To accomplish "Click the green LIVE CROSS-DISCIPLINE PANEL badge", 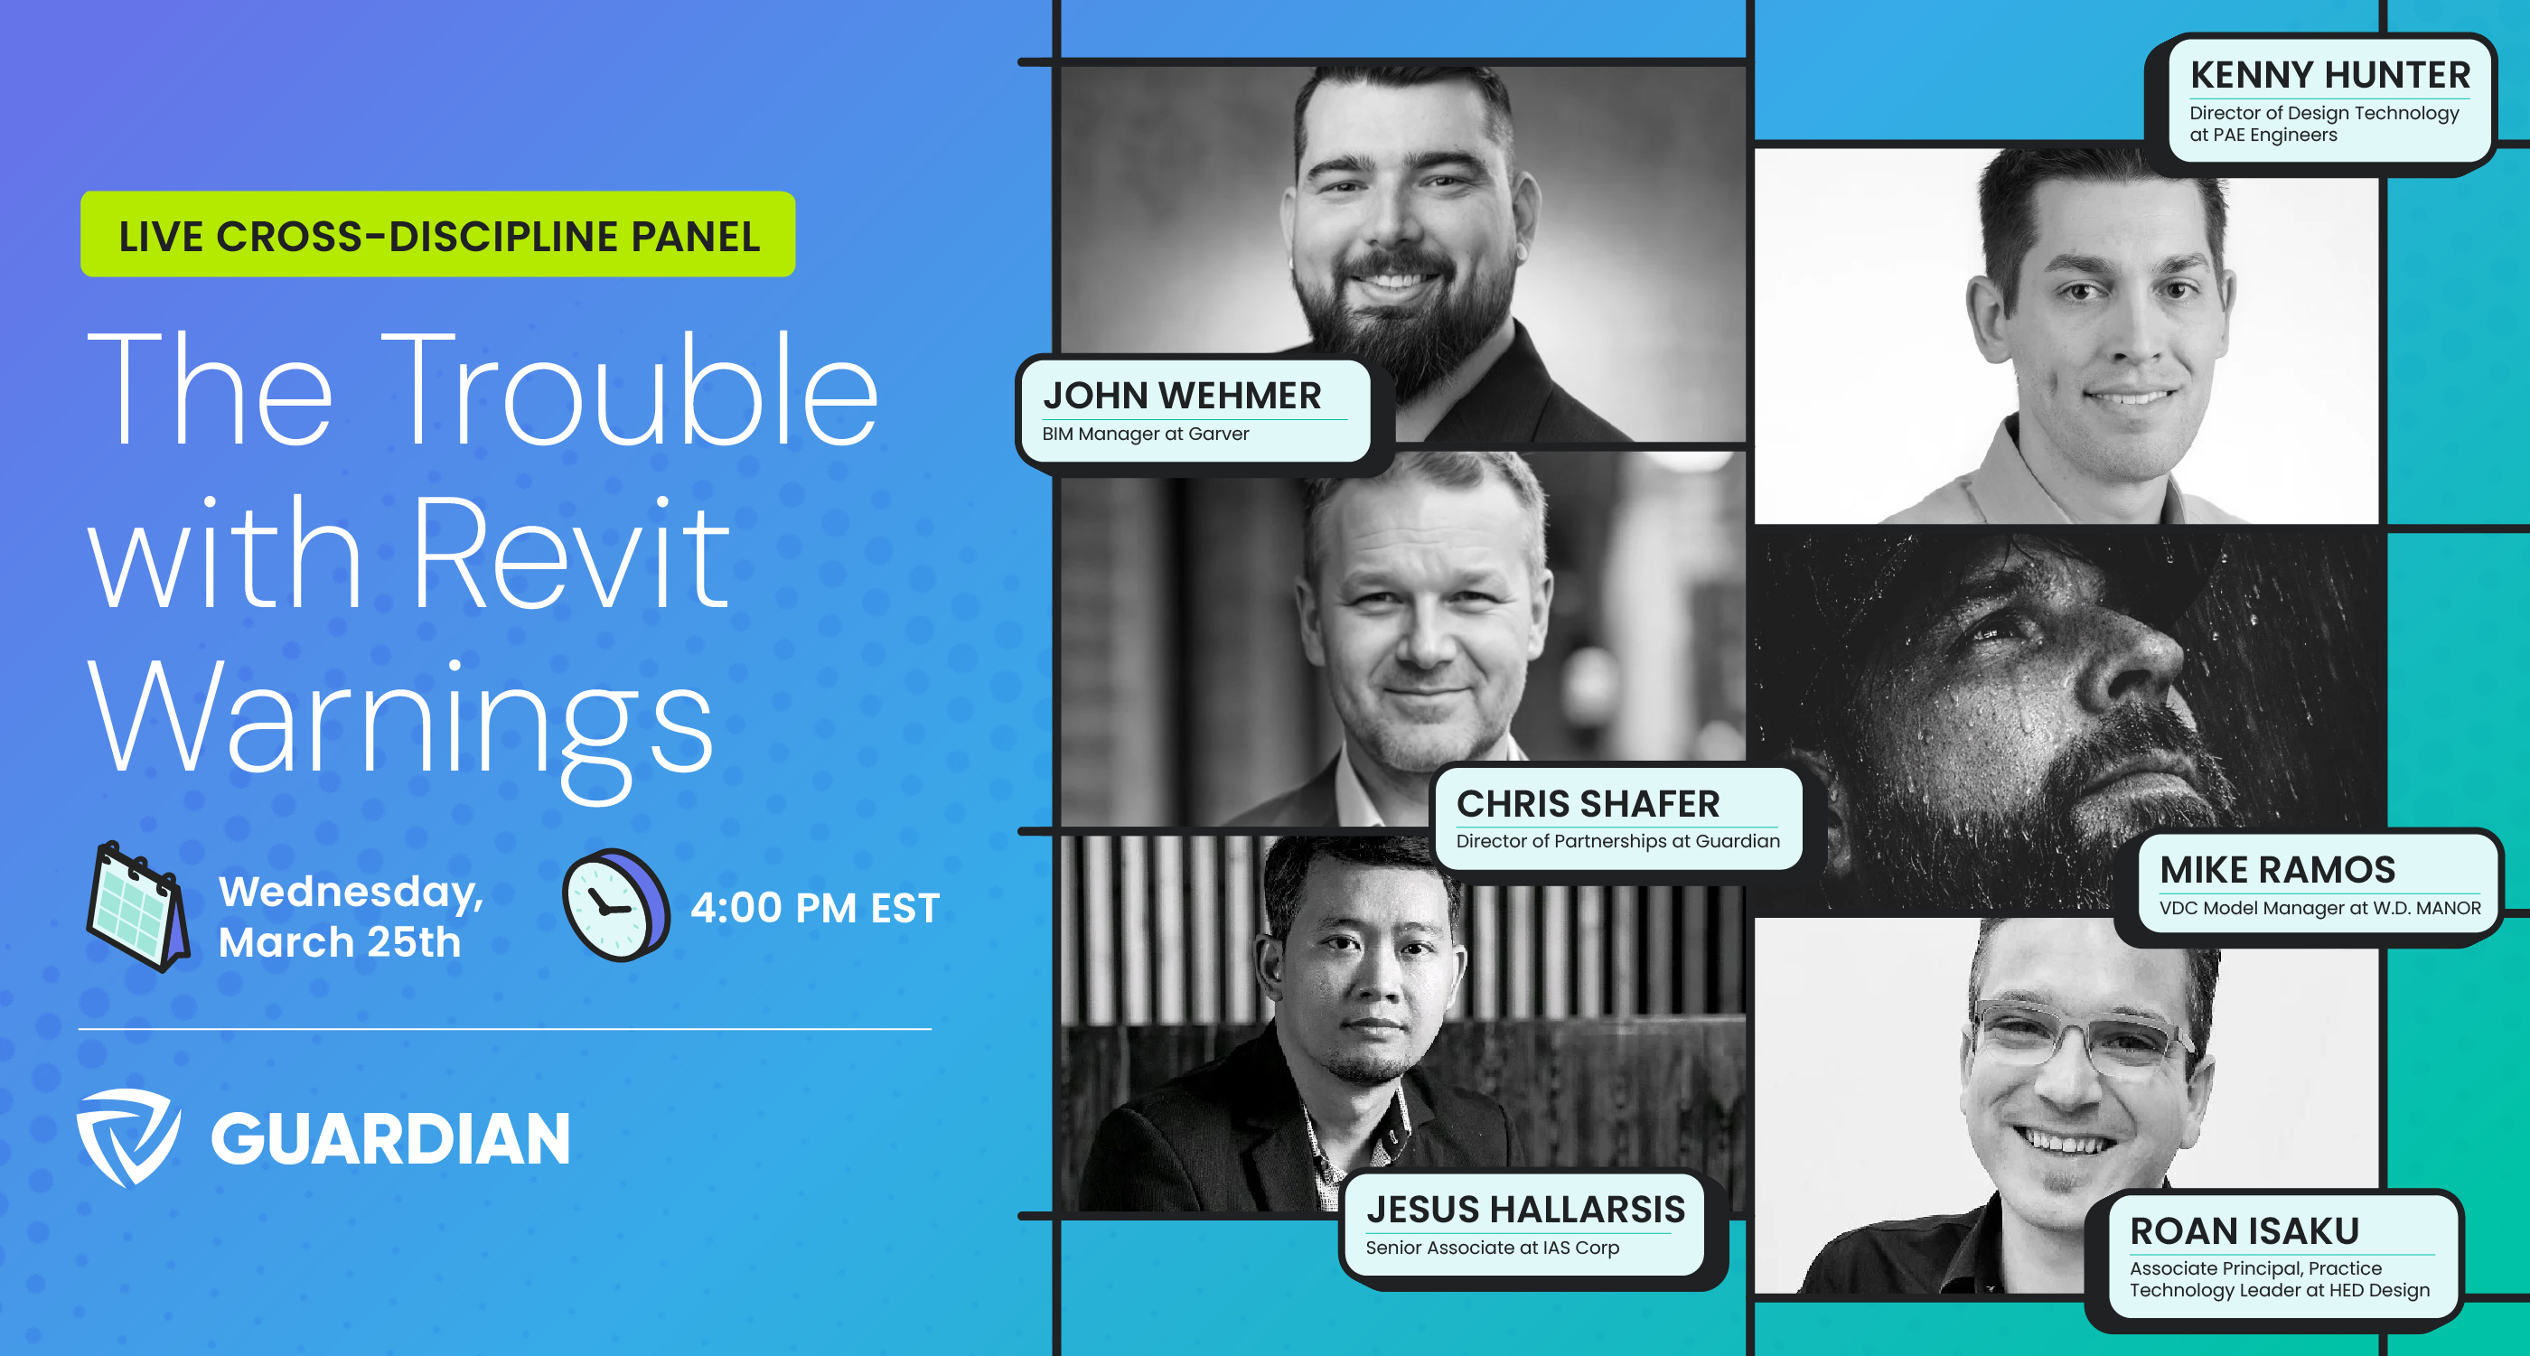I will point(438,235).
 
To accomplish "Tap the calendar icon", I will point(137,906).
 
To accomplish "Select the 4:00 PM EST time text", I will point(814,907).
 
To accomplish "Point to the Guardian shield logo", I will point(127,1137).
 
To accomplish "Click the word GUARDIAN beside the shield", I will point(390,1139).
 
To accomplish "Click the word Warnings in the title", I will point(400,722).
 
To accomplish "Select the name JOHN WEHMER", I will point(1182,395).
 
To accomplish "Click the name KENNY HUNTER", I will point(2329,75).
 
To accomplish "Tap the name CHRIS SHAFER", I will point(1588,803).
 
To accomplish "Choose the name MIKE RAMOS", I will point(2277,869).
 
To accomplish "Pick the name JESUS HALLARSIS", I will point(1525,1209).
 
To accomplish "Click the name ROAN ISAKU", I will point(2244,1230).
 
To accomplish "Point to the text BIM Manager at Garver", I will point(1145,434).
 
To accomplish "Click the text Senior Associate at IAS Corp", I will point(1492,1248).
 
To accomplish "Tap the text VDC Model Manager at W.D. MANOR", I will point(2319,908).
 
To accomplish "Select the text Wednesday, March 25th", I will point(351,916).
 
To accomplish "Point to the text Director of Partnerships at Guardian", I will point(1617,841).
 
